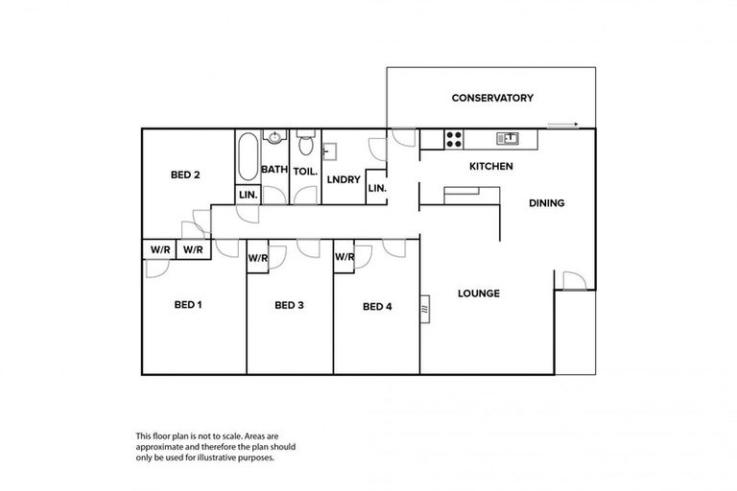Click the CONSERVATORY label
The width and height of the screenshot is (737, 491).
(x=492, y=98)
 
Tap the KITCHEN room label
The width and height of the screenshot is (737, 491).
(x=490, y=167)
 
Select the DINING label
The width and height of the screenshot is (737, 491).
(x=546, y=203)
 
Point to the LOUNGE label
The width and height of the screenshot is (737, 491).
(x=478, y=293)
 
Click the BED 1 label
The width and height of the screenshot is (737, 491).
(x=188, y=306)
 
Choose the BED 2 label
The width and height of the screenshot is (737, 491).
(x=185, y=175)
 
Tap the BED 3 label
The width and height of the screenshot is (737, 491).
(x=289, y=306)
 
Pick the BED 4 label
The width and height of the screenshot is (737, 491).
(x=377, y=307)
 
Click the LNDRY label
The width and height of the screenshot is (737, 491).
(x=343, y=179)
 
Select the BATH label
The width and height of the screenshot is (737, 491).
(x=274, y=170)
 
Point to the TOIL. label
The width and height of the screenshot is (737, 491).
(x=306, y=170)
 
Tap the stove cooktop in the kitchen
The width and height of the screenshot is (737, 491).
(x=454, y=139)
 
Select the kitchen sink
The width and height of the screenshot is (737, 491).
(x=507, y=139)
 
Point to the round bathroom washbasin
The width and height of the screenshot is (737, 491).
(x=274, y=137)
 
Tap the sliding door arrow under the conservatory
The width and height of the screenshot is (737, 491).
(x=563, y=125)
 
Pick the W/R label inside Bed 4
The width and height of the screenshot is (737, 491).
(x=344, y=257)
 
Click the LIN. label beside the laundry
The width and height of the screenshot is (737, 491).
(x=376, y=189)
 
